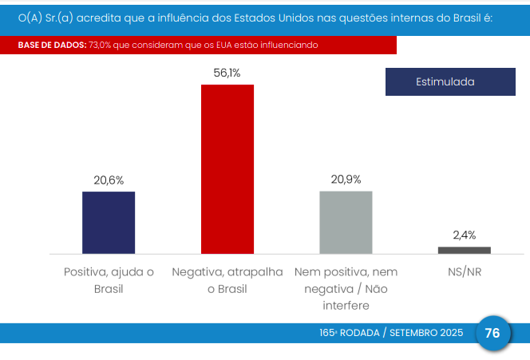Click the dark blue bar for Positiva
click(x=109, y=223)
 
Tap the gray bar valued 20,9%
click(x=346, y=222)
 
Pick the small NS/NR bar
click(x=464, y=250)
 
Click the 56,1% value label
click(x=227, y=73)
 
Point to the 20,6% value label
click(x=109, y=180)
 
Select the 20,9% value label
click(x=346, y=180)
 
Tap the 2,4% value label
click(x=464, y=235)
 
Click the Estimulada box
click(x=445, y=82)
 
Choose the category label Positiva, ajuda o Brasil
click(x=109, y=280)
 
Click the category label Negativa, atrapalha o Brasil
click(x=227, y=280)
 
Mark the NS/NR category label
click(x=464, y=272)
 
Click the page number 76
click(x=492, y=333)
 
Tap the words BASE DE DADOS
click(x=52, y=45)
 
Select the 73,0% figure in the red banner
click(x=102, y=45)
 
